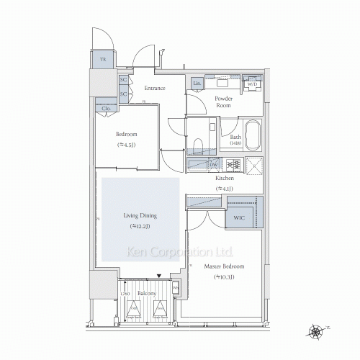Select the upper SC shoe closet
tap(124, 81)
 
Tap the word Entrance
tap(154, 89)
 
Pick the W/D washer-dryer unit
tap(252, 84)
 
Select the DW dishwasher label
tap(214, 165)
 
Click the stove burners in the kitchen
tap(233, 165)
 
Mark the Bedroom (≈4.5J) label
tap(127, 139)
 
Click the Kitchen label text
tap(225, 178)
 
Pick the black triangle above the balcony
tap(158, 274)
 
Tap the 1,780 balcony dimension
tap(125, 295)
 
